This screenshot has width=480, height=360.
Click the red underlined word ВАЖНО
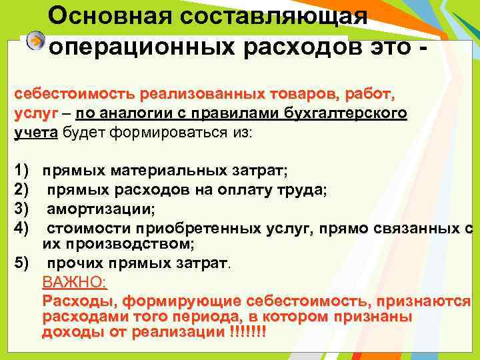coord(73,282)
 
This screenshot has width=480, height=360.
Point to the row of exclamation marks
coord(246,331)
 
